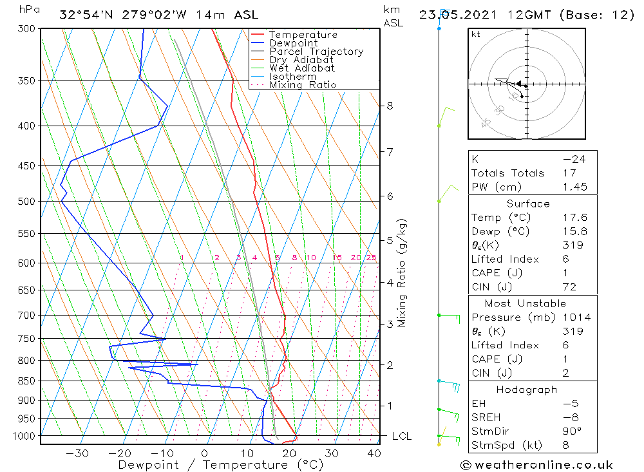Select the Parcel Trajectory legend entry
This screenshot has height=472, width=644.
click(x=316, y=52)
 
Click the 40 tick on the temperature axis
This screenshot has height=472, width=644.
click(x=374, y=453)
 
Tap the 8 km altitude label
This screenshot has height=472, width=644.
click(x=390, y=106)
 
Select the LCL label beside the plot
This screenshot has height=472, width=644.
click(x=402, y=437)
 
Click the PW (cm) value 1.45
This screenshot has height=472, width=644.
click(x=574, y=187)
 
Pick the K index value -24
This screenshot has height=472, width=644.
click(x=574, y=159)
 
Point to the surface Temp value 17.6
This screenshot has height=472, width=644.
click(x=574, y=218)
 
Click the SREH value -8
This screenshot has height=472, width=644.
click(x=573, y=417)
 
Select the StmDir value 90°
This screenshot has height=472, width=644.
click(x=573, y=431)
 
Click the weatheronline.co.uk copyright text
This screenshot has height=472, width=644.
click(x=536, y=465)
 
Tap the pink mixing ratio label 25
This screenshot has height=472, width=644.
click(x=371, y=258)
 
